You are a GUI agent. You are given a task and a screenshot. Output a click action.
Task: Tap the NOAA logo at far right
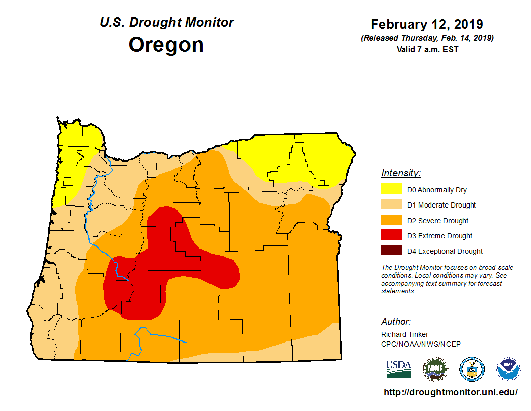coord(508,369)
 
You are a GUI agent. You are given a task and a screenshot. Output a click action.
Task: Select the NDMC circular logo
coord(435,369)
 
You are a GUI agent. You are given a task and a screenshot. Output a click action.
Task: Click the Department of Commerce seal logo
coord(472,369)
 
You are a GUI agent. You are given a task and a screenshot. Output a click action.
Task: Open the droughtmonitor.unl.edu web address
coord(451,392)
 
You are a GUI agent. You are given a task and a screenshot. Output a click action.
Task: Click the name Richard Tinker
coord(405,334)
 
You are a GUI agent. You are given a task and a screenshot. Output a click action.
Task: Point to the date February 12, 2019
coord(427,24)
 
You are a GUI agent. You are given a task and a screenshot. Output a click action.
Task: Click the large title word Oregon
coord(166,45)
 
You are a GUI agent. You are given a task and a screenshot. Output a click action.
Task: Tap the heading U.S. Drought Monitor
coord(166,23)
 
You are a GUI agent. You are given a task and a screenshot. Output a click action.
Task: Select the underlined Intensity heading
coord(401,173)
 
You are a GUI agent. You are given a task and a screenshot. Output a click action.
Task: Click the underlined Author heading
coord(396,322)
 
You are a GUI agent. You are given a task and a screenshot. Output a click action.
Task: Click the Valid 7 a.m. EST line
coord(427,49)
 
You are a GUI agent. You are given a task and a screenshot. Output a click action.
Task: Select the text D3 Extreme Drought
coord(439,236)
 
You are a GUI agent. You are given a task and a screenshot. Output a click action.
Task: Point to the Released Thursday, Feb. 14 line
coord(427,38)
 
